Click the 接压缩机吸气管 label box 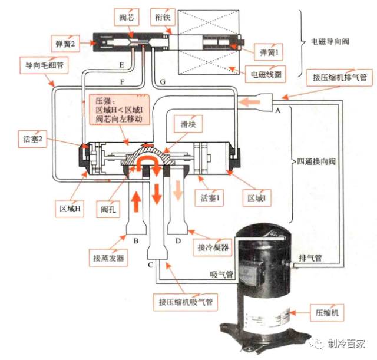pyautogui.click(x=185, y=302)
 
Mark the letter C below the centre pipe pyautogui.click(x=151, y=265)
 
